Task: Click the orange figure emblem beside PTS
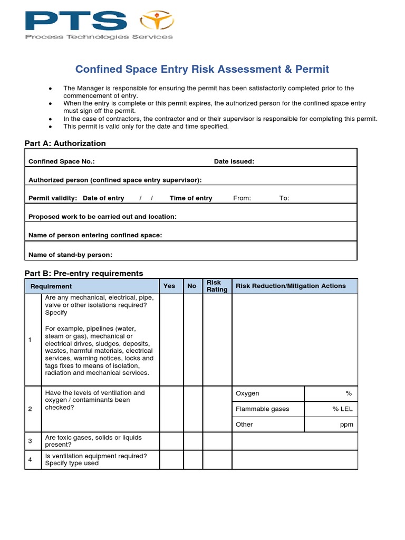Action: (157, 21)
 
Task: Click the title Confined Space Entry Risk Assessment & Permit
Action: (202, 69)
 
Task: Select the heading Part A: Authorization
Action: (65, 143)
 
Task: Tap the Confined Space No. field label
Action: (62, 162)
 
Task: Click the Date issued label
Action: (234, 162)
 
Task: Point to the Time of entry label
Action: (191, 198)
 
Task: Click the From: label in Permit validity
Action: (242, 198)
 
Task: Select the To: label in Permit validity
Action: (284, 198)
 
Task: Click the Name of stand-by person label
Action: (70, 255)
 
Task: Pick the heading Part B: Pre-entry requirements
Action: (84, 273)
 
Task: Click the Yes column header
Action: (169, 286)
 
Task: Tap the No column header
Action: (192, 286)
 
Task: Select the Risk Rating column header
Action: (217, 286)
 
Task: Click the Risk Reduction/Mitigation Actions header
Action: (291, 286)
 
